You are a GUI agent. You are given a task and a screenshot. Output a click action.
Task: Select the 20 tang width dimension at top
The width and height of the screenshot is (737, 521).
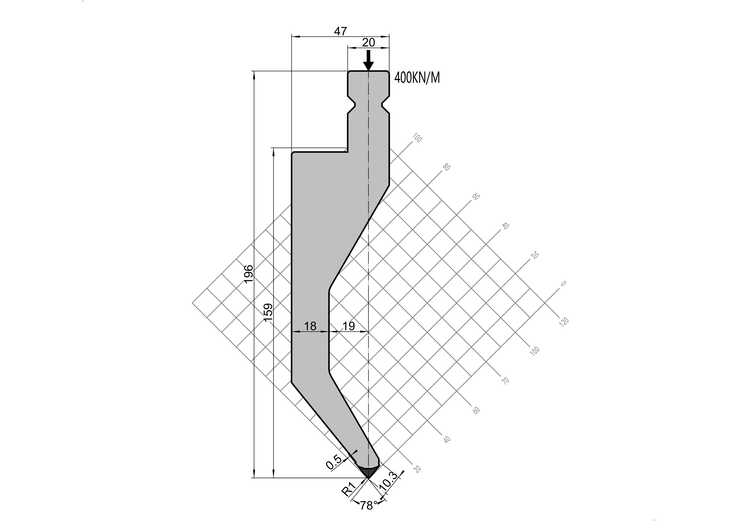(369, 42)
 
